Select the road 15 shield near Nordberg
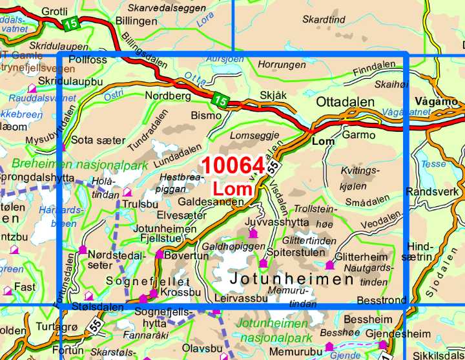[220, 101]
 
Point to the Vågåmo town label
[437, 101]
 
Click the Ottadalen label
[346, 102]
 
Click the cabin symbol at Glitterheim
[330, 264]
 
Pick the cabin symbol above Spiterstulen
[263, 264]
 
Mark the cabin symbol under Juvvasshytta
[253, 233]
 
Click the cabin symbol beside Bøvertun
[160, 255]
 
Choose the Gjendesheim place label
[393, 334]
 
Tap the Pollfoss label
[87, 59]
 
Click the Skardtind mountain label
[324, 20]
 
